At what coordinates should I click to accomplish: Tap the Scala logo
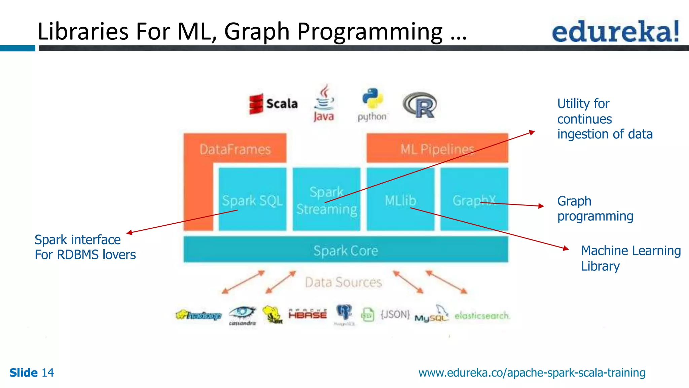pyautogui.click(x=274, y=104)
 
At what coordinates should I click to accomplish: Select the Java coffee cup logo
pyautogui.click(x=324, y=103)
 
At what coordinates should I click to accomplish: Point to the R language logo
pyautogui.click(x=420, y=105)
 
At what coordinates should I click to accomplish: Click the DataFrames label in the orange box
pyautogui.click(x=235, y=149)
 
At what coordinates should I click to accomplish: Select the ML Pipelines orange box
pyautogui.click(x=437, y=149)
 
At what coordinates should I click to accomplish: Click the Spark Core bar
pyautogui.click(x=346, y=250)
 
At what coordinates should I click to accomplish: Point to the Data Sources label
pyautogui.click(x=343, y=282)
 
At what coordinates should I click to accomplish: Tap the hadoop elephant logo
pyautogui.click(x=198, y=315)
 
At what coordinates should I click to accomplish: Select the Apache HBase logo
pyautogui.click(x=307, y=314)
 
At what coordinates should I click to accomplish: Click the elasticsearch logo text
pyautogui.click(x=482, y=316)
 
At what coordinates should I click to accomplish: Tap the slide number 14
pyautogui.click(x=47, y=373)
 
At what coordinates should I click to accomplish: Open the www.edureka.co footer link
pyautogui.click(x=532, y=373)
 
